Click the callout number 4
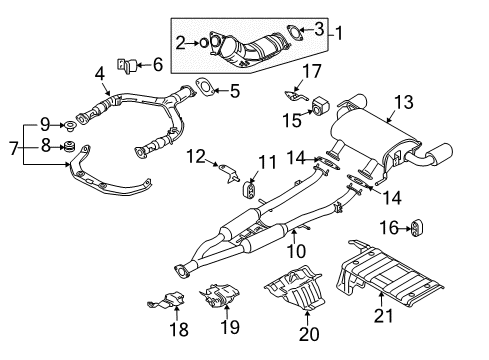point(100,72)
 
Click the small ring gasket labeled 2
point(204,42)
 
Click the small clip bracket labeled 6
point(128,66)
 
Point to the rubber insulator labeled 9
point(71,126)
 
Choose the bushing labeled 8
point(72,150)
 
